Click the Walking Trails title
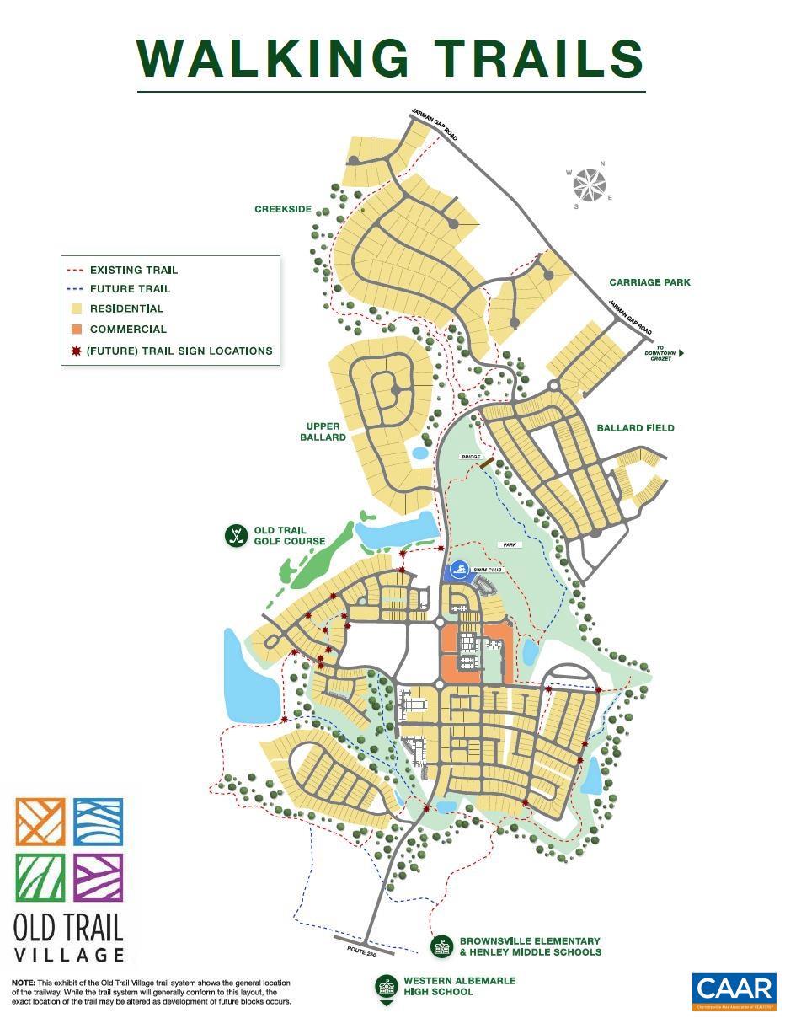[391, 59]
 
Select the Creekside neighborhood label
[283, 209]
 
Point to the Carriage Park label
[649, 282]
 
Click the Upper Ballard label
[323, 431]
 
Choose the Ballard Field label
[635, 428]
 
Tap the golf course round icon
[236, 535]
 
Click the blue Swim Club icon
[459, 571]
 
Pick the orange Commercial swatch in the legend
[76, 330]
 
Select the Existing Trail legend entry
[133, 271]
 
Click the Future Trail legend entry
[130, 289]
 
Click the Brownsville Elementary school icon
[441, 946]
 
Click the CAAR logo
[734, 990]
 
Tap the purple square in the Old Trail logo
[99, 876]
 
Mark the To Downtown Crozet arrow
[681, 354]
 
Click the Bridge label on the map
[470, 457]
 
